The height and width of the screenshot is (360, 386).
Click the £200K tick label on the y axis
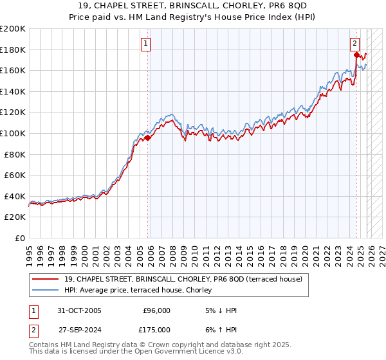coord(13,29)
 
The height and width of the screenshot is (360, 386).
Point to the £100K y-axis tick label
coord(13,133)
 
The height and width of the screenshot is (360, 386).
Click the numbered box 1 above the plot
coord(146,44)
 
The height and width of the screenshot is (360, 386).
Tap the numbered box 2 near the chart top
coord(354,44)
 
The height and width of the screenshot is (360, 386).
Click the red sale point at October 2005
coord(148,137)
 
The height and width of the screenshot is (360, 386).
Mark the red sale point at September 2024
coord(356,55)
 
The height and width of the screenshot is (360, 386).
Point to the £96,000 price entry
coord(156,310)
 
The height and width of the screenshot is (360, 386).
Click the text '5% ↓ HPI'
coord(220,310)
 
